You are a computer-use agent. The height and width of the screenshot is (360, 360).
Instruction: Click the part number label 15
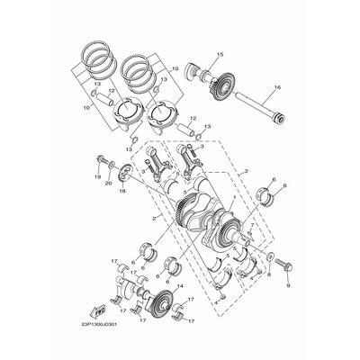click(x=219, y=56)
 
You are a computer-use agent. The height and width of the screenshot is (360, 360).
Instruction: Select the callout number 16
click(x=276, y=88)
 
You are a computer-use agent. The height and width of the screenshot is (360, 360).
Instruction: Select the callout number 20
click(x=110, y=184)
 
